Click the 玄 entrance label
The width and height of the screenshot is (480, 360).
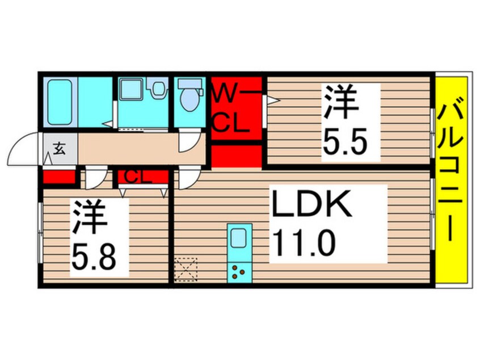pyautogui.click(x=58, y=149)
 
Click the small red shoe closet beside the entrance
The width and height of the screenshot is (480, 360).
pyautogui.click(x=60, y=177)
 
